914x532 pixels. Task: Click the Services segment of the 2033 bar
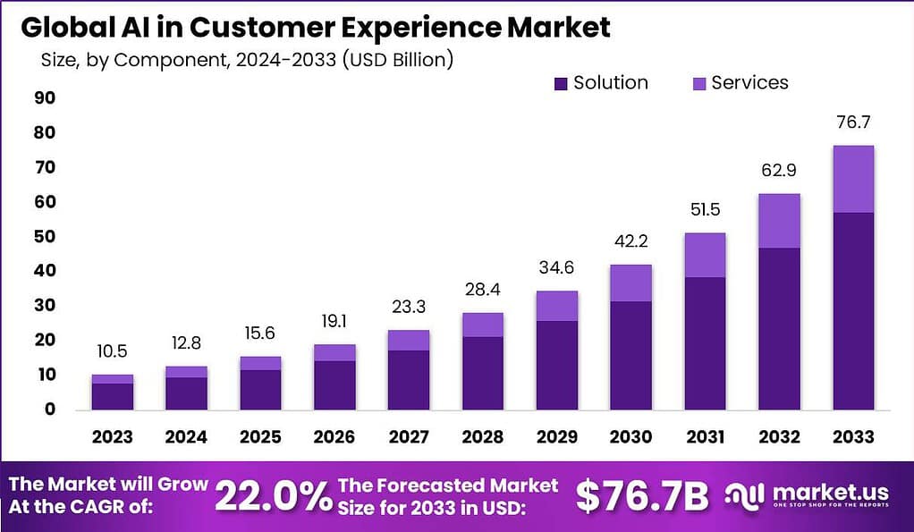(852, 179)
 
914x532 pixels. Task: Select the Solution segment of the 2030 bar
(630, 355)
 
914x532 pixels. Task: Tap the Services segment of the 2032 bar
(779, 221)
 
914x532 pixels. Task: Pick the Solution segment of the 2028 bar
(482, 373)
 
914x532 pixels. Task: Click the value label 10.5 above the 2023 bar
(113, 352)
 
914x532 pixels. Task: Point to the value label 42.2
(630, 241)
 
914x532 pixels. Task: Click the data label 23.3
(408, 307)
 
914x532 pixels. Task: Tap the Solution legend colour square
(561, 83)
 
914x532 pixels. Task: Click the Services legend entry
(749, 83)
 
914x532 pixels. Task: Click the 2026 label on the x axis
(334, 436)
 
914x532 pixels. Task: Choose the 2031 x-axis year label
(704, 436)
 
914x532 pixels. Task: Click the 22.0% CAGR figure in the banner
(274, 496)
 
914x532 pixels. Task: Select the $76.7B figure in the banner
(642, 496)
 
